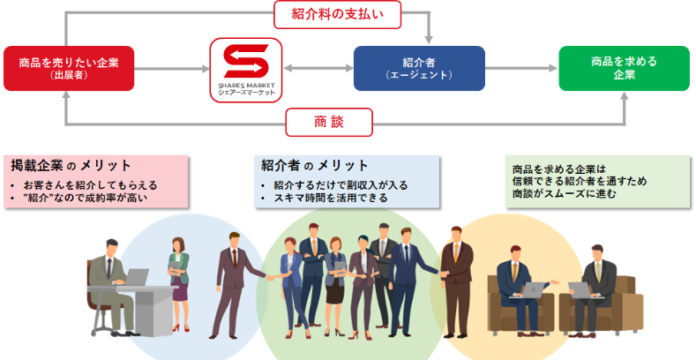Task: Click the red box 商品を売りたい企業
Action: (x=69, y=68)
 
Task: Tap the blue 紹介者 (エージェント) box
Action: (x=419, y=68)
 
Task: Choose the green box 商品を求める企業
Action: (x=624, y=68)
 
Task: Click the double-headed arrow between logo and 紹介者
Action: (x=318, y=67)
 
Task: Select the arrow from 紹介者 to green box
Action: (x=521, y=67)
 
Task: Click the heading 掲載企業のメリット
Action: (x=71, y=165)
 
